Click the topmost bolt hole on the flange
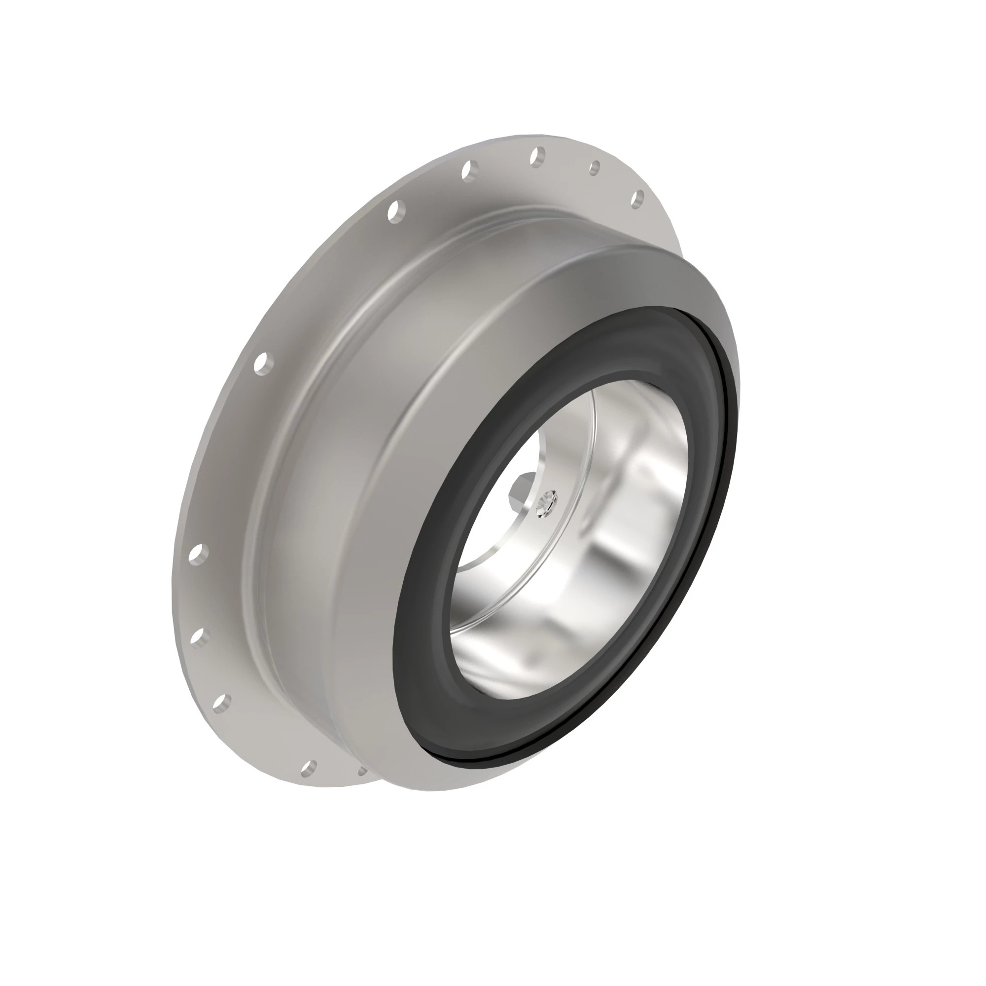538,156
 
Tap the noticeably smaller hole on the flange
595,168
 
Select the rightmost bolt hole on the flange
637,199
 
